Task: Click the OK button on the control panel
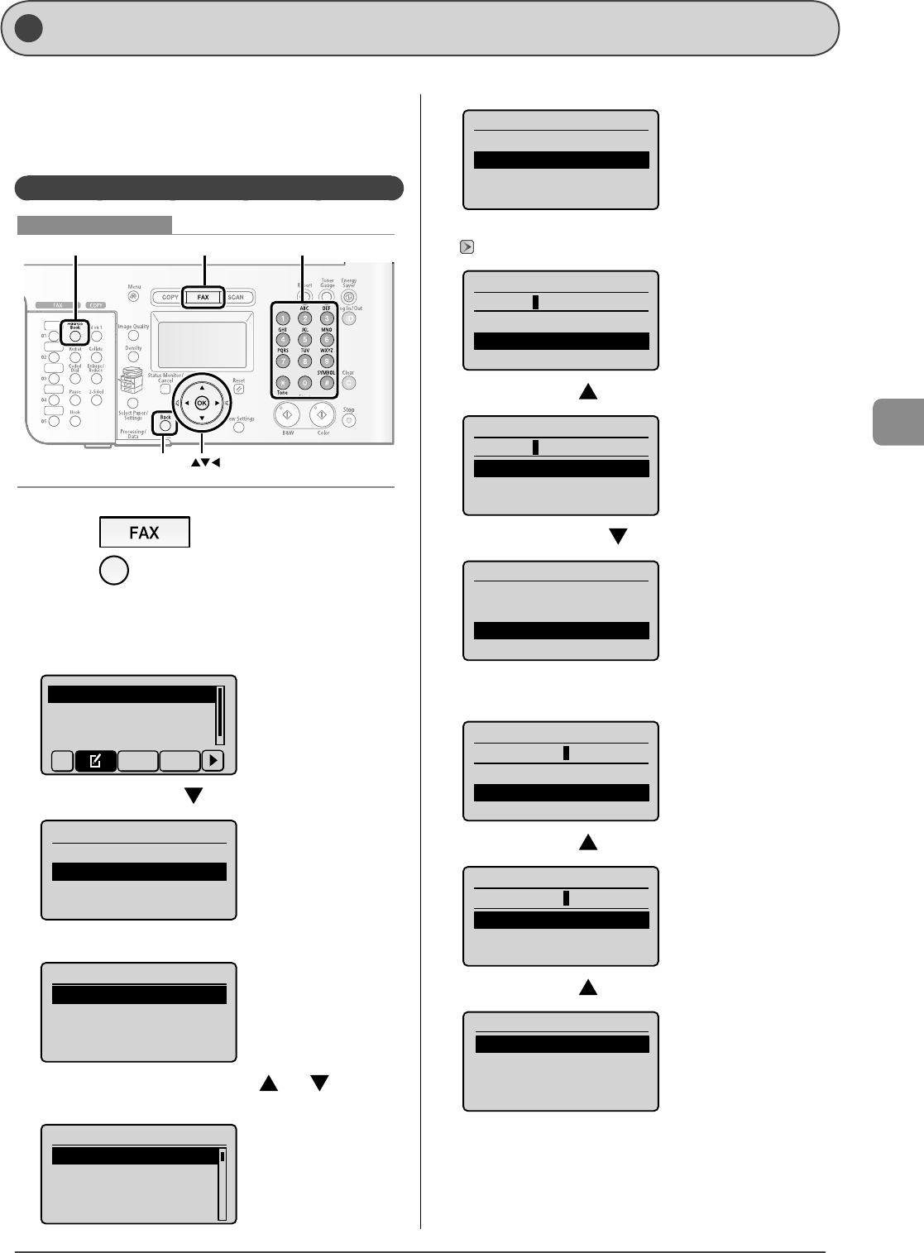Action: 202,403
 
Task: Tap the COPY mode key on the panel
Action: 170,298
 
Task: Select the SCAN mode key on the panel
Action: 236,298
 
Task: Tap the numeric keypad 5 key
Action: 304,340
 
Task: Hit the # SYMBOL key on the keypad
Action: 327,383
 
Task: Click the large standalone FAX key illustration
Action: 144,532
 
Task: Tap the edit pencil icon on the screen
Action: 95,761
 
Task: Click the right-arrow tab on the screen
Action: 213,761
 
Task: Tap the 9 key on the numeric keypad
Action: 327,361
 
